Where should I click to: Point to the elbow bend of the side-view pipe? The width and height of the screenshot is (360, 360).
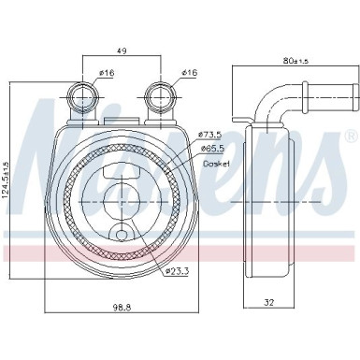coord(271,99)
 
